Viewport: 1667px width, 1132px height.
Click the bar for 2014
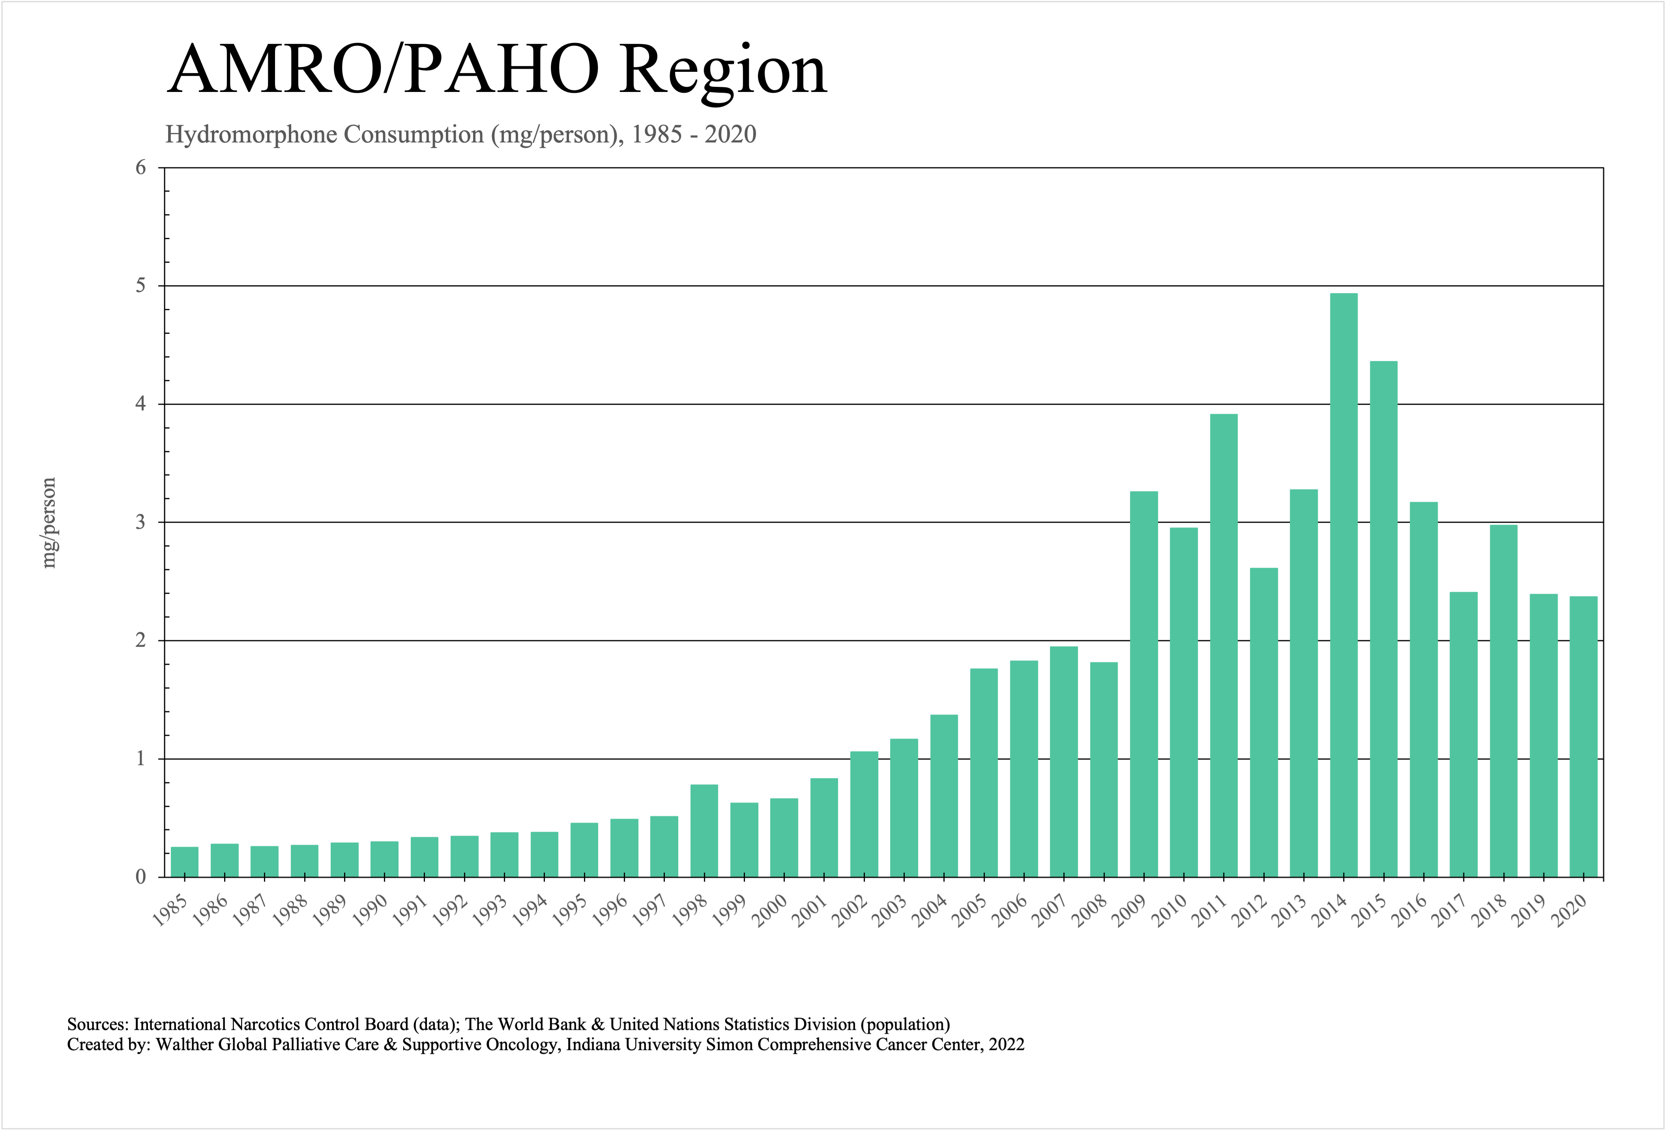pyautogui.click(x=1343, y=585)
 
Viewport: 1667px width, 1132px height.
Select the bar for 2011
pyautogui.click(x=1224, y=646)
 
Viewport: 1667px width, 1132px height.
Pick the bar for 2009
pyautogui.click(x=1144, y=684)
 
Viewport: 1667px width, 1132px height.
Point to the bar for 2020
pyautogui.click(x=1583, y=737)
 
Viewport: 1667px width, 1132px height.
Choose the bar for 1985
pyautogui.click(x=184, y=862)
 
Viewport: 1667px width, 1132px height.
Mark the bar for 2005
pyautogui.click(x=984, y=773)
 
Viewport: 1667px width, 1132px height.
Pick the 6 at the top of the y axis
pyautogui.click(x=140, y=168)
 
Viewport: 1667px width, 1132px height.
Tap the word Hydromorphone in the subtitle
pyautogui.click(x=253, y=134)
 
